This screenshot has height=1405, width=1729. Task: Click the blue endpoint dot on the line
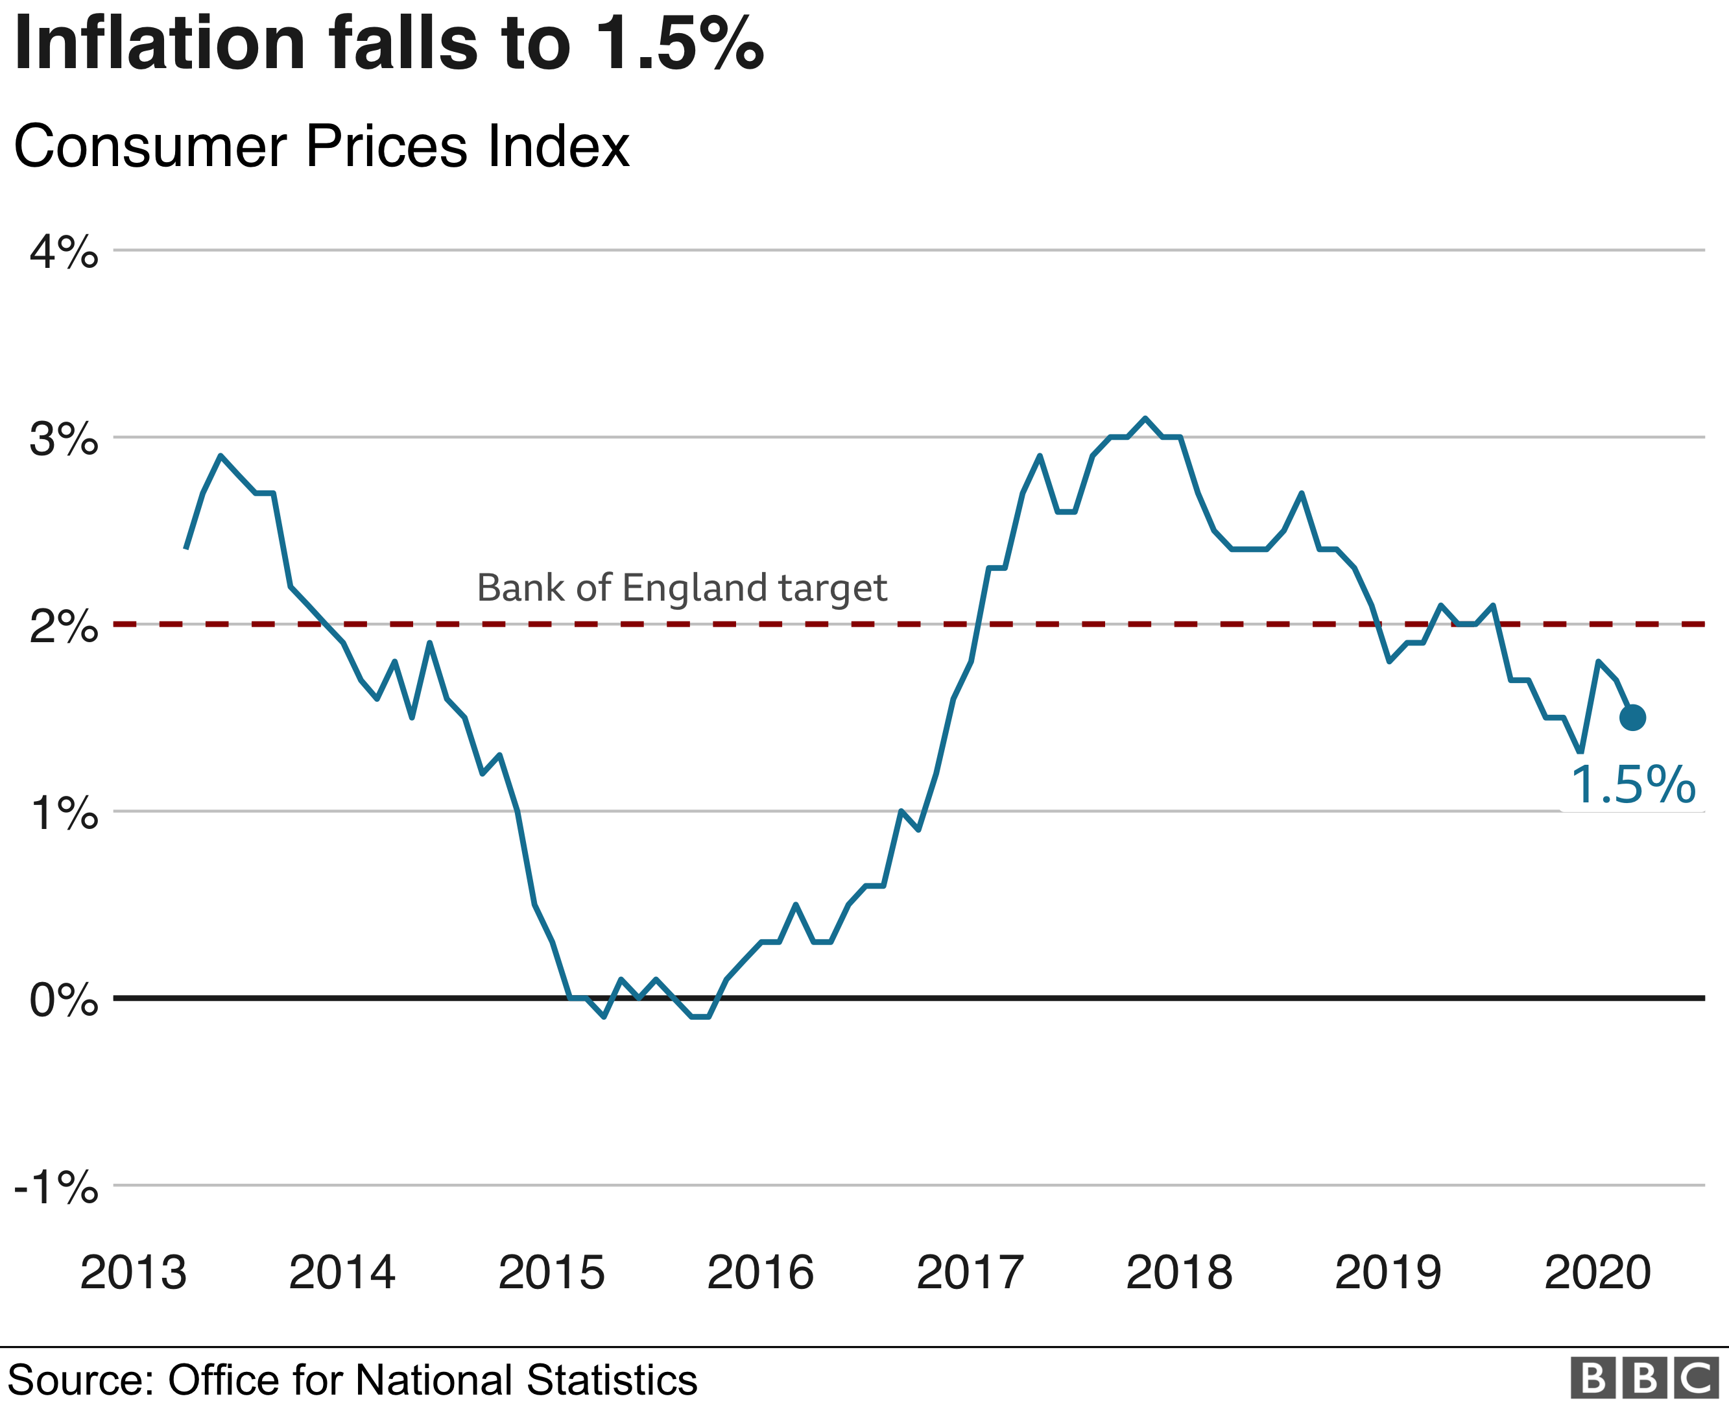point(1633,717)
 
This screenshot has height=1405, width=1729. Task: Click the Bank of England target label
point(682,588)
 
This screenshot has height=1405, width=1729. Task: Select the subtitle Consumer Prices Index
point(321,147)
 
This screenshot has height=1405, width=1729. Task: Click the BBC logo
point(1644,1378)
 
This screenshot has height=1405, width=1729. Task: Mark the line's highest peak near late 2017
point(1145,418)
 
